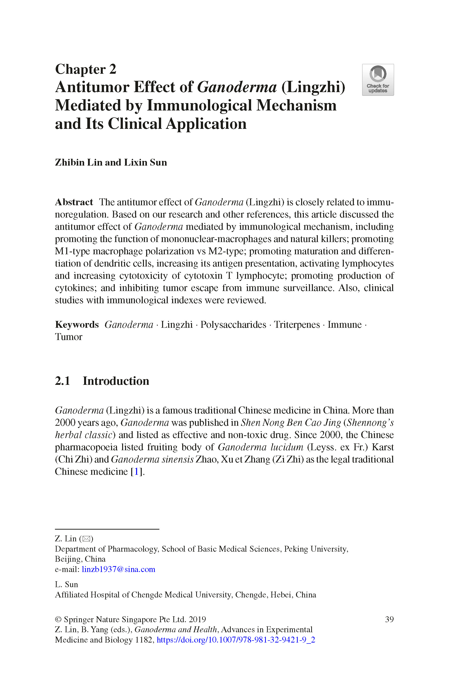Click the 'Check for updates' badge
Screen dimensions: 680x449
tap(378, 80)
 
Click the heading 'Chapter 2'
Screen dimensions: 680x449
tap(86, 69)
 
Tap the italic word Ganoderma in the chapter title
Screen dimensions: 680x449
tap(237, 87)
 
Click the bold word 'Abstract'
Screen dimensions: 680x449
tap(74, 202)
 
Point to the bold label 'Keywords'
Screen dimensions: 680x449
tap(77, 325)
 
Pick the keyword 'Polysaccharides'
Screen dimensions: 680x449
tap(233, 325)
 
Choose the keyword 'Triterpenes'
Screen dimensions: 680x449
tap(297, 325)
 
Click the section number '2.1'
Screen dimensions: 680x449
tap(63, 381)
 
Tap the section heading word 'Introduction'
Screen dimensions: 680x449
tap(116, 381)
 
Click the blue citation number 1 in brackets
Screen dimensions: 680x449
tap(136, 472)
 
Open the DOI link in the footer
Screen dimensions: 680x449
tap(236, 640)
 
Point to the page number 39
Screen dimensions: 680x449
tap(389, 619)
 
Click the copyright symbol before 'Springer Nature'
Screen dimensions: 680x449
tap(58, 619)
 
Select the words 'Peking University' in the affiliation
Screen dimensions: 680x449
tap(316, 549)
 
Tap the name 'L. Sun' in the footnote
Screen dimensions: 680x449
tap(66, 584)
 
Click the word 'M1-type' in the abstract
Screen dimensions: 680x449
tap(72, 251)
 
